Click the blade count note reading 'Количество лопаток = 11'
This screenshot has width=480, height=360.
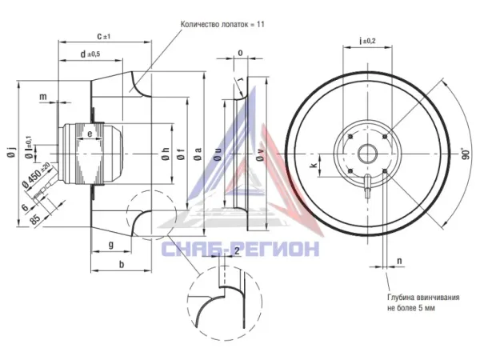click(x=222, y=25)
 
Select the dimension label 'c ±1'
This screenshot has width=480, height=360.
click(x=104, y=37)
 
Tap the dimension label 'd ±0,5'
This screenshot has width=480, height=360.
click(x=90, y=54)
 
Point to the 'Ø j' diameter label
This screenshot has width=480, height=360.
click(x=11, y=153)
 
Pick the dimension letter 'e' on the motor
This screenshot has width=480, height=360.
click(x=90, y=134)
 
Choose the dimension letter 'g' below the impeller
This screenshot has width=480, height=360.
click(x=111, y=245)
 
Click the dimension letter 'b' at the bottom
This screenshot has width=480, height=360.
click(x=122, y=264)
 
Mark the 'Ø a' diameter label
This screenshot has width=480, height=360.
click(x=198, y=154)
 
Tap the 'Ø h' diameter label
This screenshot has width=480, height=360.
click(x=165, y=154)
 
